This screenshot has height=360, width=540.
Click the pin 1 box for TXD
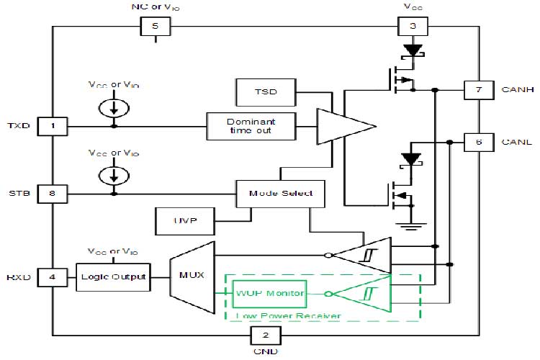[x=53, y=127]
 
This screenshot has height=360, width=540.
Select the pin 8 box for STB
[x=53, y=193]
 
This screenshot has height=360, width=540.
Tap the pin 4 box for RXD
[x=53, y=276]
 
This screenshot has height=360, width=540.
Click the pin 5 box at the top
[x=155, y=27]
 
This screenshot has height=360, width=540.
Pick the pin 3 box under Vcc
[x=413, y=27]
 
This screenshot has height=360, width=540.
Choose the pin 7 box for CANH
[x=479, y=90]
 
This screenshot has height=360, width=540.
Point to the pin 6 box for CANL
[x=479, y=143]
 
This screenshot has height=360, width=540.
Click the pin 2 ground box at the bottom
[x=264, y=335]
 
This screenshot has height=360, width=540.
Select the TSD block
[x=266, y=91]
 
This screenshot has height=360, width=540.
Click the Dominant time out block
[x=250, y=127]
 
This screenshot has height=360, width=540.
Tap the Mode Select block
[x=281, y=193]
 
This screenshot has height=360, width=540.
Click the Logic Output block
[x=113, y=276]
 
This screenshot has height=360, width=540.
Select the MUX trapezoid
[x=192, y=277]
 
